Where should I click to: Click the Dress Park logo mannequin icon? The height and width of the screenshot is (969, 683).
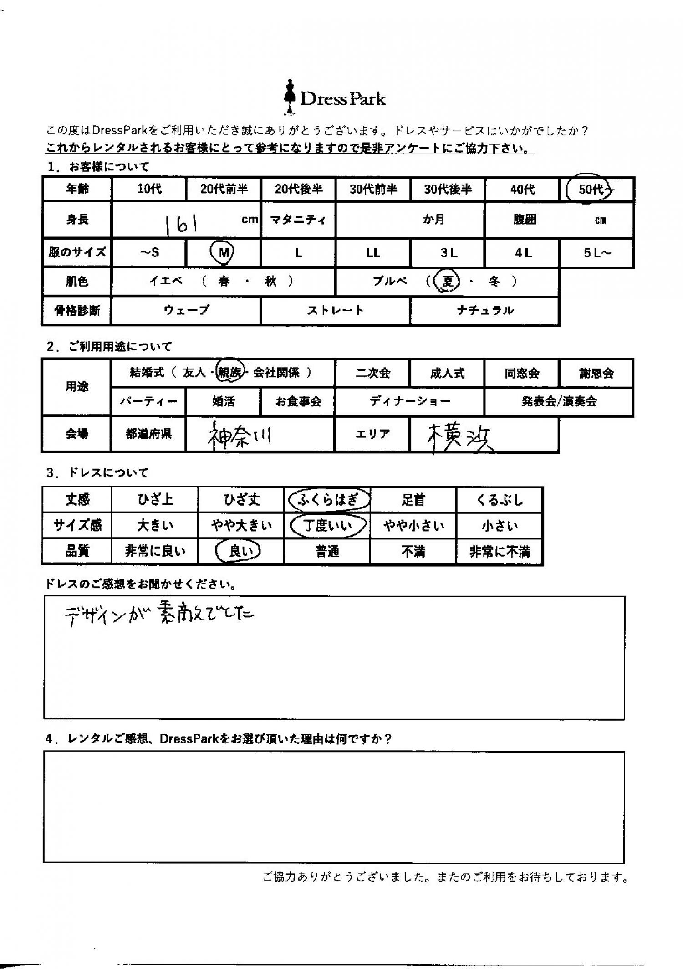(289, 97)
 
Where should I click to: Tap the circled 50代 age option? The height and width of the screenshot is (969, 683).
(590, 188)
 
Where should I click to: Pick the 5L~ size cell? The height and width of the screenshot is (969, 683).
(596, 253)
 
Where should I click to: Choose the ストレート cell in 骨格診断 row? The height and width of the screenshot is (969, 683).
(335, 311)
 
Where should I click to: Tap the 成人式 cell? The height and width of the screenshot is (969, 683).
(447, 373)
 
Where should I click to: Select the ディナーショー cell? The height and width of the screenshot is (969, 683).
(409, 401)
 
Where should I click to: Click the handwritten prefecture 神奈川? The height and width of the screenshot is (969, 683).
(239, 436)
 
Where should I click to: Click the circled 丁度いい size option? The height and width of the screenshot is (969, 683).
(328, 526)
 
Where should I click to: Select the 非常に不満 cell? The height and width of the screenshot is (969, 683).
(500, 552)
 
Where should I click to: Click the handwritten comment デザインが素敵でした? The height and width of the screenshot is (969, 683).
(159, 615)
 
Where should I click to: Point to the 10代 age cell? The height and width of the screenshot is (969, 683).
(149, 189)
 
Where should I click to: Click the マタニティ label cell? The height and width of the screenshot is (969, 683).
(298, 220)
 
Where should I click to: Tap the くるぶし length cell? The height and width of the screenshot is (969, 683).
(500, 500)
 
